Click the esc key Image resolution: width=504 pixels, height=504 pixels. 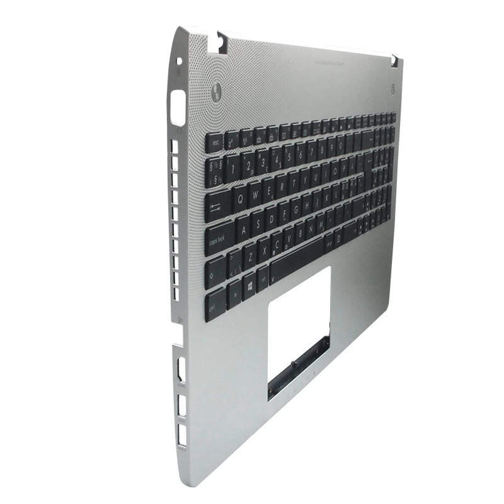coord(214,141)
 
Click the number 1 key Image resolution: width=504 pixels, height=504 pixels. coord(234,167)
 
